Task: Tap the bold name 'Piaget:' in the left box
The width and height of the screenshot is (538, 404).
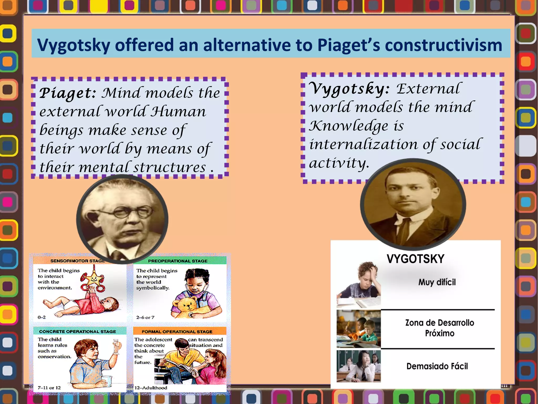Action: pyautogui.click(x=68, y=93)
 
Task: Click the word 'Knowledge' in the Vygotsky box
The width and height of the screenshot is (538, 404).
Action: pyautogui.click(x=348, y=126)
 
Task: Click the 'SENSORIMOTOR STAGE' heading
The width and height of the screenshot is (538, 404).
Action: pyautogui.click(x=77, y=261)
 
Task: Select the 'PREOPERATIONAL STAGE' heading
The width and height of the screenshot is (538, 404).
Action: pyautogui.click(x=178, y=261)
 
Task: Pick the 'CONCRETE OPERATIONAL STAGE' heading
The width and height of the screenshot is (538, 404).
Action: pyautogui.click(x=77, y=331)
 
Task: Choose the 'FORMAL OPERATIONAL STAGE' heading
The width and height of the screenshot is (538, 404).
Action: pyautogui.click(x=177, y=332)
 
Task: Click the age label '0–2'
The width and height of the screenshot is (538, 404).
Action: pyautogui.click(x=42, y=317)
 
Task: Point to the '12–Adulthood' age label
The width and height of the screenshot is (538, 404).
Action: pyautogui.click(x=151, y=388)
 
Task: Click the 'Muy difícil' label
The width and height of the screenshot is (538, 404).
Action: pyautogui.click(x=437, y=282)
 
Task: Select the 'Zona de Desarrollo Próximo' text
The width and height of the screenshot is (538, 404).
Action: pyautogui.click(x=439, y=328)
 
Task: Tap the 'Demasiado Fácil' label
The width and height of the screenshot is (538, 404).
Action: pyautogui.click(x=437, y=366)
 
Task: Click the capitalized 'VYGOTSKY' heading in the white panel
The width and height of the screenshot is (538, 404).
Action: pyautogui.click(x=415, y=259)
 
